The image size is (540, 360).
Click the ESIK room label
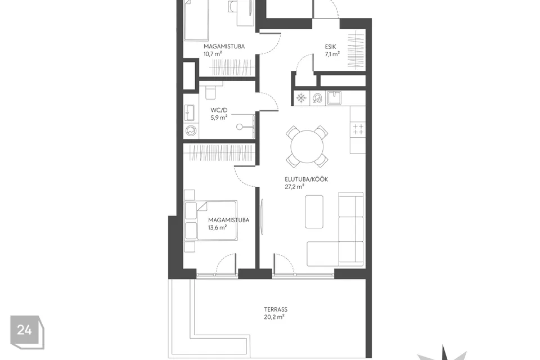tap(330, 47)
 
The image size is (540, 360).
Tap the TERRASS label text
tap(276, 309)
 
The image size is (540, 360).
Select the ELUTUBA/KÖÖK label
tap(306, 179)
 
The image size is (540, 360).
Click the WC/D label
tap(219, 110)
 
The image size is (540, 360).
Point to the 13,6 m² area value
tap(217, 227)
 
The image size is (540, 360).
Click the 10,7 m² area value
tap(213, 54)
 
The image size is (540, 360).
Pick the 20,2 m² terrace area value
tap(274, 317)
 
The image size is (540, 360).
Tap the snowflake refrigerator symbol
tap(301, 98)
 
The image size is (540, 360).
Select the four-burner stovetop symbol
tap(358, 129)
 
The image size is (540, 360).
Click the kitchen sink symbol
tap(334, 98)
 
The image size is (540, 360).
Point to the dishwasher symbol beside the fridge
tap(317, 98)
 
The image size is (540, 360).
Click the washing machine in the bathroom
tap(191, 131)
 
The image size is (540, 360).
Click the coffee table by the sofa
tap(314, 211)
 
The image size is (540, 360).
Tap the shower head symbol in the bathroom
tap(240, 127)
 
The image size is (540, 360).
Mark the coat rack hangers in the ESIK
tap(355, 50)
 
